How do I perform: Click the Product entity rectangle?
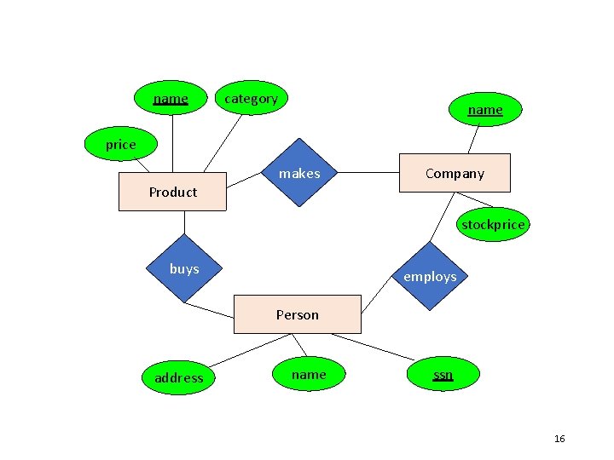[172, 192]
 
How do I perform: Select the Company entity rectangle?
[455, 173]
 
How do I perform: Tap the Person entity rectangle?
[298, 314]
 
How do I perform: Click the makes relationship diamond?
[299, 172]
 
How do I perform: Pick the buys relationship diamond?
[184, 268]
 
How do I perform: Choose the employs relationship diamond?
[430, 276]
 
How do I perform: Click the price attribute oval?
[121, 144]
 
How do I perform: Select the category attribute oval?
[252, 98]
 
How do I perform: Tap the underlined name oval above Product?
[171, 98]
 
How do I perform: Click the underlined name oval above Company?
[485, 109]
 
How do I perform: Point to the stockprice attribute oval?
[493, 224]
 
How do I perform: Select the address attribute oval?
[178, 377]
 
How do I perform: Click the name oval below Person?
[309, 374]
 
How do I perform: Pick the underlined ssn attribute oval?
[443, 374]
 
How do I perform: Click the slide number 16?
[559, 439]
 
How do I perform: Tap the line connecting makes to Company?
[368, 172]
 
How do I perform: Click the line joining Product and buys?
[184, 222]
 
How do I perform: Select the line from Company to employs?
[442, 217]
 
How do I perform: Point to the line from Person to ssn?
[373, 347]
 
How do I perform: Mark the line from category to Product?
[223, 144]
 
